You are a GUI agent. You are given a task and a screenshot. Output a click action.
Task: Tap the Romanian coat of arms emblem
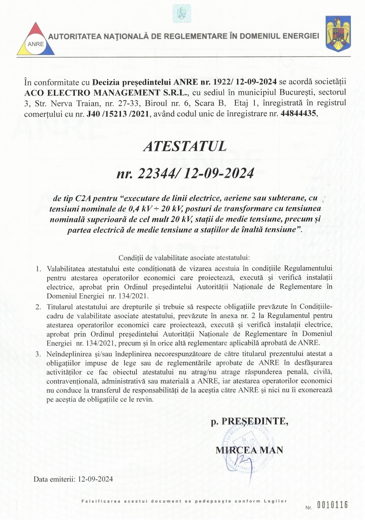coord(338,34)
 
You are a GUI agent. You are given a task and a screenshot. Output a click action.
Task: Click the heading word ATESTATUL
coord(185,146)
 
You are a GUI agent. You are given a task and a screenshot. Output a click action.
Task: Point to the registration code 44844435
coord(298,114)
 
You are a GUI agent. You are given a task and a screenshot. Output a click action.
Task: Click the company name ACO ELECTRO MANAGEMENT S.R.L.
coord(106,93)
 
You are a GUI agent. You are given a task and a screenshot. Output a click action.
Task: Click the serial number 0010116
coord(332,505)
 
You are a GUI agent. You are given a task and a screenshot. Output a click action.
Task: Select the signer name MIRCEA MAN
coord(249,450)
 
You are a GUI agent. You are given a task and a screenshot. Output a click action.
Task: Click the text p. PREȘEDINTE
coord(250,421)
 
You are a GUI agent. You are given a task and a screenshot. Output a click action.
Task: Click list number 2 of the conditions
coord(38,307)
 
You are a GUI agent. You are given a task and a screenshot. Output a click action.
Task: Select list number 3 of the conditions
coord(38,354)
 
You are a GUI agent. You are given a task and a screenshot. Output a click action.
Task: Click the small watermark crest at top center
coord(182,14)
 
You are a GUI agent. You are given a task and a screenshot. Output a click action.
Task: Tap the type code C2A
coord(83,198)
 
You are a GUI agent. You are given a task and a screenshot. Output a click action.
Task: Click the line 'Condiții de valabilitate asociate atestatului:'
coord(184,258)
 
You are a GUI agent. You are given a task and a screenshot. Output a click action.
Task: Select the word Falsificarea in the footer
coord(101,501)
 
